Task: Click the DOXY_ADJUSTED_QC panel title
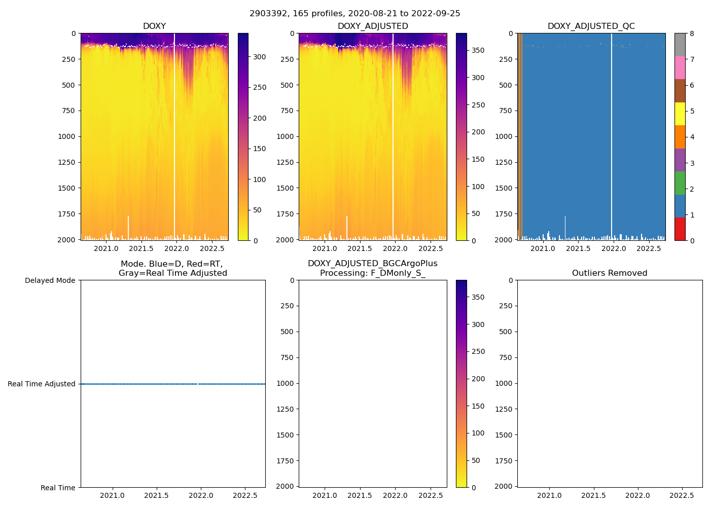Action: point(591,26)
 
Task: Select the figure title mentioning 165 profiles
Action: point(355,14)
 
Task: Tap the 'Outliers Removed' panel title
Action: point(610,273)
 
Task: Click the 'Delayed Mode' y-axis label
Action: point(50,280)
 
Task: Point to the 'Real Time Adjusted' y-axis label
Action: point(42,384)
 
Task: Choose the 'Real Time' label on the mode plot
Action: point(58,488)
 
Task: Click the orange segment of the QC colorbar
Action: point(680,137)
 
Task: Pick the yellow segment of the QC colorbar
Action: point(680,114)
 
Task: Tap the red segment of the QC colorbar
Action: point(680,229)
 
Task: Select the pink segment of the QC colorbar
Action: point(680,68)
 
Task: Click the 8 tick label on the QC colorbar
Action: point(692,33)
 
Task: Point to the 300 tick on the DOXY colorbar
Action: point(260,57)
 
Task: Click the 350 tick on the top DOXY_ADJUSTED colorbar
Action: point(478,50)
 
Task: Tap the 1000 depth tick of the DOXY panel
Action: point(66,136)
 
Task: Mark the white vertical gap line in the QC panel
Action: point(612,137)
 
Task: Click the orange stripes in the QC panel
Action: point(520,137)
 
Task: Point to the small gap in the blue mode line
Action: point(198,384)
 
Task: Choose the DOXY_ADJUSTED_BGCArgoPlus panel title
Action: point(372,268)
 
